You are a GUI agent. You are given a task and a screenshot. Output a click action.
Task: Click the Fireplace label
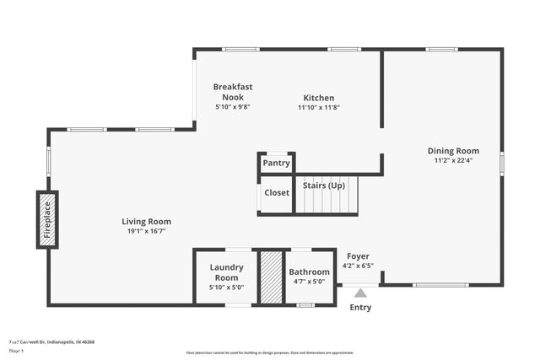[48, 219]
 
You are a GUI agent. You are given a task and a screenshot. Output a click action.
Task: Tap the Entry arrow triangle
[360, 293]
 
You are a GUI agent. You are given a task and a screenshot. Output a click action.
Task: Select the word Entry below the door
[360, 308]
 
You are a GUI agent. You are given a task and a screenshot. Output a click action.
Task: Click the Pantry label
[276, 163]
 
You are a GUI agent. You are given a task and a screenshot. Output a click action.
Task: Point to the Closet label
[276, 193]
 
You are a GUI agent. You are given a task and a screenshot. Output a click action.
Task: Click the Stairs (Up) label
[324, 185]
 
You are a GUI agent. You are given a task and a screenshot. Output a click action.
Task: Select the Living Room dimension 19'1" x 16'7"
[147, 231]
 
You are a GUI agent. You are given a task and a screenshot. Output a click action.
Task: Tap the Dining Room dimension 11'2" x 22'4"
[453, 160]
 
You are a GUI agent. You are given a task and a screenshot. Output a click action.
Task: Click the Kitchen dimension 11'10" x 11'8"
[319, 107]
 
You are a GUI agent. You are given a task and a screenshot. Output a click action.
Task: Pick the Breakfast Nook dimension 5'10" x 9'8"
[233, 107]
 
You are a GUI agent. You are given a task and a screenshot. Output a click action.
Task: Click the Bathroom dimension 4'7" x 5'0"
[309, 282]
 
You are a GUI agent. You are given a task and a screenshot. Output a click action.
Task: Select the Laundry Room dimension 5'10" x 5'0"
[226, 287]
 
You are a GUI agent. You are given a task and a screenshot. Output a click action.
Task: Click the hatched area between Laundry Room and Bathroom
[270, 277]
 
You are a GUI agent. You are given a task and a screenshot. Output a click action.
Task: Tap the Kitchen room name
[319, 98]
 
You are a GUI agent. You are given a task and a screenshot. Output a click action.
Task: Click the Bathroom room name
[309, 272]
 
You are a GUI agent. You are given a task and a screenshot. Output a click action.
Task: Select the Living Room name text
[147, 222]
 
